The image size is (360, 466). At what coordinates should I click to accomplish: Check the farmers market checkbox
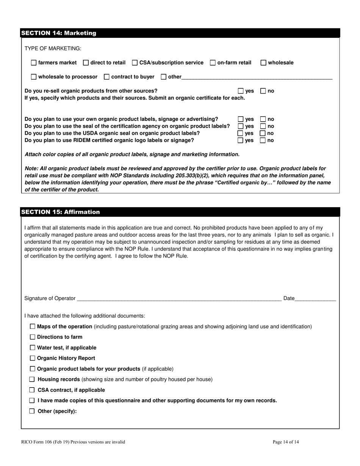tap(34, 63)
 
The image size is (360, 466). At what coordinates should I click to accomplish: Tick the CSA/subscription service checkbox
tap(135, 63)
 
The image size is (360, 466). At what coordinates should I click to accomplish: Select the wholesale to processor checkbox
tap(34, 77)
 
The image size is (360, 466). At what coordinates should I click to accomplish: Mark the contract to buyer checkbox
tap(106, 77)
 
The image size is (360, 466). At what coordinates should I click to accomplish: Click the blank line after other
tap(257, 78)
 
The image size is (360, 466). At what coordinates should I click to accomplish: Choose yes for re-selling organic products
tap(241, 91)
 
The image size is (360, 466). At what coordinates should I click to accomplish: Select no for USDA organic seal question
tap(263, 133)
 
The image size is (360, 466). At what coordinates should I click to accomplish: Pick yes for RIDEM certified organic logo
tap(241, 141)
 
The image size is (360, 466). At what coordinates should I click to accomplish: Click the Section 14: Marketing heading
tap(59, 33)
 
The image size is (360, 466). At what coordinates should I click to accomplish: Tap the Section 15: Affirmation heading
tap(61, 212)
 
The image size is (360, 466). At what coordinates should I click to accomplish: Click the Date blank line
tap(315, 299)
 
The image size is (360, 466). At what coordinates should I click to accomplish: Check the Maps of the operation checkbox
tap(33, 326)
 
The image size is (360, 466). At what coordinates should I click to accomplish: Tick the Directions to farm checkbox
tap(33, 337)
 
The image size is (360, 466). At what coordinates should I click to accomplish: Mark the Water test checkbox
tap(33, 347)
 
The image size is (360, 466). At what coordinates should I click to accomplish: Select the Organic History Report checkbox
tap(33, 358)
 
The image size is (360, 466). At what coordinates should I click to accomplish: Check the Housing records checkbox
tap(33, 379)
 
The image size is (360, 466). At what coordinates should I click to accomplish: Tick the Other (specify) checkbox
tap(33, 411)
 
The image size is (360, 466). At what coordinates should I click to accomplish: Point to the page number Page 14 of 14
tap(286, 442)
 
